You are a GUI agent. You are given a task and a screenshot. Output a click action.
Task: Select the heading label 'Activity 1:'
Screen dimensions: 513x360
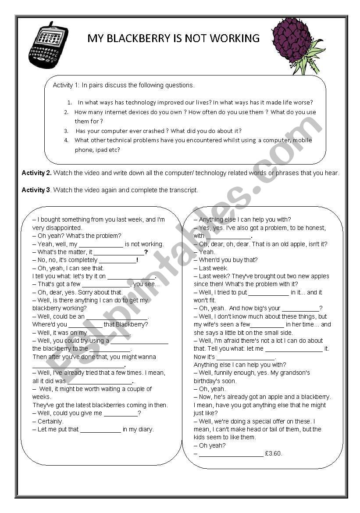66,85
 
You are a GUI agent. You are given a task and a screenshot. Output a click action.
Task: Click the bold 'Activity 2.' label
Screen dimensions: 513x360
37,173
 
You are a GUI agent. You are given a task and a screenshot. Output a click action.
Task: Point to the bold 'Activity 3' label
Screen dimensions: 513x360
36,190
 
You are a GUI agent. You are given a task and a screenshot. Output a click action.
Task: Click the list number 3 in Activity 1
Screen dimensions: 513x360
66,131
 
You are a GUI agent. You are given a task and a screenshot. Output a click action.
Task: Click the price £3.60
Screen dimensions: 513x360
274,453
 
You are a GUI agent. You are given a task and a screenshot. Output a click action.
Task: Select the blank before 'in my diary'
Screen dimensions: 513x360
100,430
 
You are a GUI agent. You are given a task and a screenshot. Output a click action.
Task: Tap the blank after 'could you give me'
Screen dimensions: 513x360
121,413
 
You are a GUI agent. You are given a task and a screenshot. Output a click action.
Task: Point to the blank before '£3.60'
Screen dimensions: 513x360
231,454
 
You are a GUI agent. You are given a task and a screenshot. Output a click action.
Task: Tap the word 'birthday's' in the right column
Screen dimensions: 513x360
208,381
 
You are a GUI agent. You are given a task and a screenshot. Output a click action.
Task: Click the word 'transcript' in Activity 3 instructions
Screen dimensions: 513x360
183,190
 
